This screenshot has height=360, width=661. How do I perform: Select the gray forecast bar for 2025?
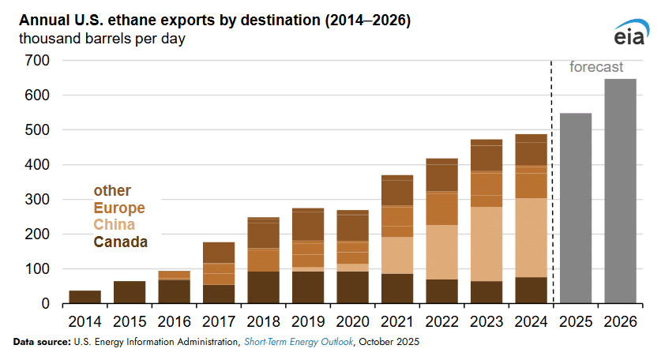[576, 208]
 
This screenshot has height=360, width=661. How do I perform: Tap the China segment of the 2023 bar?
[486, 244]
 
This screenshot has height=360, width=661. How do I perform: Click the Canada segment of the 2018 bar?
[263, 287]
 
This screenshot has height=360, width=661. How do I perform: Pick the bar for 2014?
[85, 297]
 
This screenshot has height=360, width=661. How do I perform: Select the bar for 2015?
[130, 292]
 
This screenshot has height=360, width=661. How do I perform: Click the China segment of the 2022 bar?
[442, 252]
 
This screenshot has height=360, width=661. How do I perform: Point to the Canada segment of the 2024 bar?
[531, 290]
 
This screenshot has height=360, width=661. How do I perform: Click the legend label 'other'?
[112, 191]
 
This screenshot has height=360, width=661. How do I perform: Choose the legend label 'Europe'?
[119, 208]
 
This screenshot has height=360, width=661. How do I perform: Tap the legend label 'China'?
[115, 225]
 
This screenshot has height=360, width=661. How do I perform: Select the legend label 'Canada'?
[120, 242]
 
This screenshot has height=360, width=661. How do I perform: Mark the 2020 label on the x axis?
[352, 322]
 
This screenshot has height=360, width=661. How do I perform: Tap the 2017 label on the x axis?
[219, 322]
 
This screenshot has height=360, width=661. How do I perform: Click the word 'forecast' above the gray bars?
[596, 68]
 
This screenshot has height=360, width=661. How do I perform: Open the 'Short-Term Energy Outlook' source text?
[301, 343]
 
